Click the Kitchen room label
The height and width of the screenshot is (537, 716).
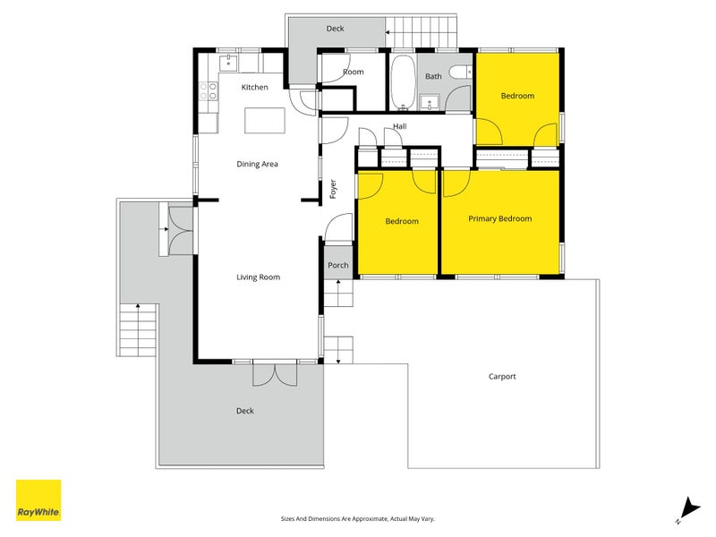click(x=255, y=87)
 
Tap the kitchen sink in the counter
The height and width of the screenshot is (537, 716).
click(x=229, y=62)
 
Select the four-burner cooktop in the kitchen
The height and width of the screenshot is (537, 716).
click(x=209, y=90)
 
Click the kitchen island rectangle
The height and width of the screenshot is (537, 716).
click(x=266, y=120)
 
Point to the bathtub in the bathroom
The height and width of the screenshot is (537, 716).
click(x=403, y=81)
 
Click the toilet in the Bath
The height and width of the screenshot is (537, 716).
click(x=460, y=73)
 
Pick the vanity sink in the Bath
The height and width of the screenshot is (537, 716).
click(x=430, y=100)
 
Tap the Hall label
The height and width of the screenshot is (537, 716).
click(x=399, y=127)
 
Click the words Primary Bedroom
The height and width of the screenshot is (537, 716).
click(x=499, y=218)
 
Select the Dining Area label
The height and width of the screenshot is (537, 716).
click(x=257, y=164)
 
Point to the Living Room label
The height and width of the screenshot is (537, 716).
click(x=258, y=277)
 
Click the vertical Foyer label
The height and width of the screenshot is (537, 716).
click(x=333, y=189)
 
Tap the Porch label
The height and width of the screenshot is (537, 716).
click(x=338, y=266)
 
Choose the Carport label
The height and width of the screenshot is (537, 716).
click(x=502, y=377)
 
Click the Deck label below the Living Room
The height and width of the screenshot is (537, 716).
click(x=245, y=411)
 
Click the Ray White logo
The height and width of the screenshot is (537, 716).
click(x=38, y=500)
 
